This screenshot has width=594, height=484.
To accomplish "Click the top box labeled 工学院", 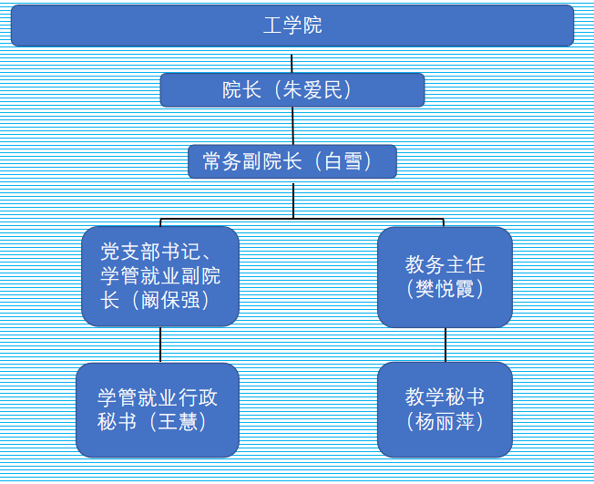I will pyautogui.click(x=292, y=26).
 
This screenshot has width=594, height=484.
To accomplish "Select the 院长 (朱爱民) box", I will pyautogui.click(x=292, y=90).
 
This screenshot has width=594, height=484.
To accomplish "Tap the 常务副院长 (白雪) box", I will pyautogui.click(x=292, y=163).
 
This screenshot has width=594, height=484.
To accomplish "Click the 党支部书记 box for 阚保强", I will pyautogui.click(x=160, y=276).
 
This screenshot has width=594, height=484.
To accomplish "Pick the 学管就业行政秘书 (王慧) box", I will pyautogui.click(x=158, y=410).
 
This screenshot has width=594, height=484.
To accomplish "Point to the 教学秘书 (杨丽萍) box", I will pyautogui.click(x=445, y=410).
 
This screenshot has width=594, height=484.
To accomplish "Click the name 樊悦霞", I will pyautogui.click(x=445, y=289).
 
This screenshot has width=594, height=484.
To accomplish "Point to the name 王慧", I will pyautogui.click(x=178, y=422).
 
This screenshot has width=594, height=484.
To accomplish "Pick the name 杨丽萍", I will pyautogui.click(x=445, y=422).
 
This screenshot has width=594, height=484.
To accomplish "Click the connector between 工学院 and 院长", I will pyautogui.click(x=292, y=60).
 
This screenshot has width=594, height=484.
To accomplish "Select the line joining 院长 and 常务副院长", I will pyautogui.click(x=292, y=126).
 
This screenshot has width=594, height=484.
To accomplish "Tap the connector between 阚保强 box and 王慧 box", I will pyautogui.click(x=160, y=345).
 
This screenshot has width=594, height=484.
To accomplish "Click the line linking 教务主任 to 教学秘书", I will pyautogui.click(x=445, y=345).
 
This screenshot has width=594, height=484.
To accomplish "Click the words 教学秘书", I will pyautogui.click(x=445, y=398).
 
